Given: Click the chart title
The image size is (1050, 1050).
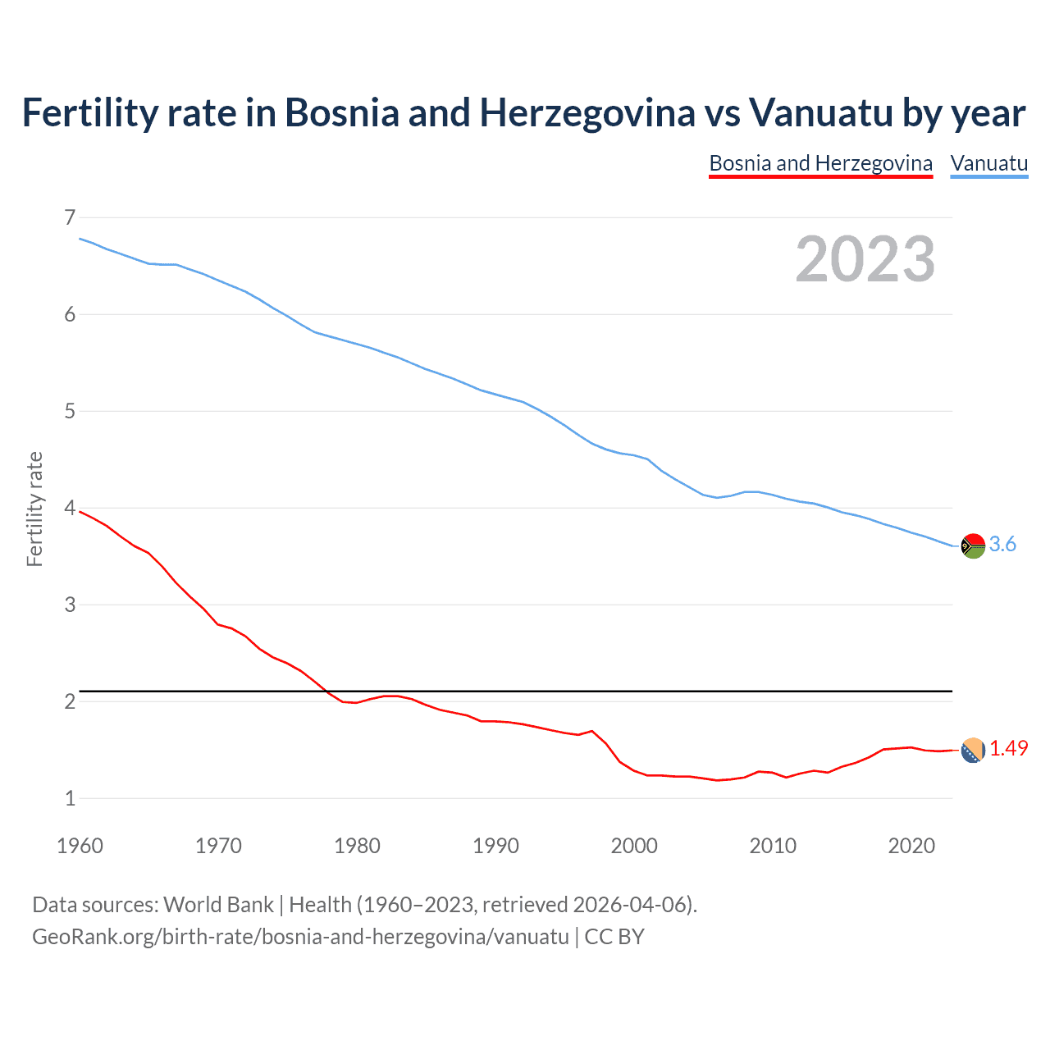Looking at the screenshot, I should pyautogui.click(x=523, y=112).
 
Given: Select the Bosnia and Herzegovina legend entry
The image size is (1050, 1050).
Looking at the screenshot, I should pyautogui.click(x=820, y=163).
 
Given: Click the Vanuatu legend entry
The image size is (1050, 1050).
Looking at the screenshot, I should pyautogui.click(x=988, y=163).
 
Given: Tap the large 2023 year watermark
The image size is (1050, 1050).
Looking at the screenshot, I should pyautogui.click(x=865, y=259).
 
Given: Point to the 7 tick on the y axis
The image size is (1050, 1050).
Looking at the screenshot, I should pyautogui.click(x=70, y=217).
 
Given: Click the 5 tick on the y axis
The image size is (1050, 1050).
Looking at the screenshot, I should pyautogui.click(x=70, y=411).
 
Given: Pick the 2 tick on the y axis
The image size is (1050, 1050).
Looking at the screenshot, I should pyautogui.click(x=70, y=701).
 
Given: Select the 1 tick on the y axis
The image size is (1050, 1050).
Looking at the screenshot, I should pyautogui.click(x=70, y=798).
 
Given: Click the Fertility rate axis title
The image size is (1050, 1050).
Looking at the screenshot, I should pyautogui.click(x=34, y=509).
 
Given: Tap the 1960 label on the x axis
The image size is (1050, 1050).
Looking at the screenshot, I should pyautogui.click(x=80, y=846).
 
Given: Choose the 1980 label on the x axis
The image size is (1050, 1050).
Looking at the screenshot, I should pyautogui.click(x=357, y=846).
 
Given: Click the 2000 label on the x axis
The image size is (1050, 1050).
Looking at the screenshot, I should pyautogui.click(x=634, y=846).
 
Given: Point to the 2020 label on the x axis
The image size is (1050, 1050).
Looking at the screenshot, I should pyautogui.click(x=911, y=846).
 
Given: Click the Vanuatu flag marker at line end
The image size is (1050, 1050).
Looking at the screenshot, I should pyautogui.click(x=973, y=546).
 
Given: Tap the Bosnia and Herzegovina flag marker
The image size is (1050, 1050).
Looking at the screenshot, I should pyautogui.click(x=973, y=750).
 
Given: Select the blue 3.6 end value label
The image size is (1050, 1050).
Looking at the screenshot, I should pyautogui.click(x=1002, y=545).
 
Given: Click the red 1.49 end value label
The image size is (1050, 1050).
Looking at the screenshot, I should pyautogui.click(x=1008, y=748).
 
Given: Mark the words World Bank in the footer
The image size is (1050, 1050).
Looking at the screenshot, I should pyautogui.click(x=218, y=905).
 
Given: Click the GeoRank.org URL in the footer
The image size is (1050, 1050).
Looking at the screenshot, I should pyautogui.click(x=300, y=937).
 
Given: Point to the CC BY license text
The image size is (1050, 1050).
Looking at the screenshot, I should pyautogui.click(x=614, y=937).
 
